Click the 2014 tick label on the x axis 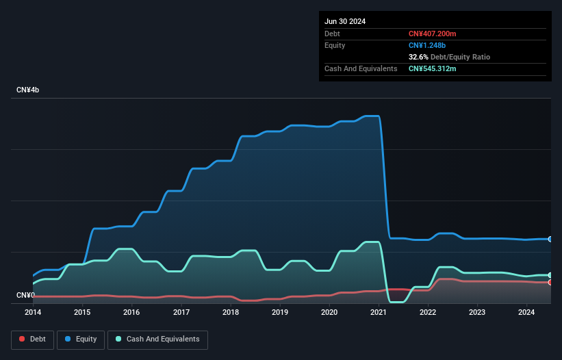pyautogui.click(x=33, y=313)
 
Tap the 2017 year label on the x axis pyautogui.click(x=181, y=313)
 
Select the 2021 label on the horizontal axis pyautogui.click(x=379, y=313)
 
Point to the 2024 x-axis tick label pyautogui.click(x=526, y=313)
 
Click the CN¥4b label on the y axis pyautogui.click(x=28, y=90)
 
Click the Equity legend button pyautogui.click(x=81, y=339)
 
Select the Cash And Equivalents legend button pyautogui.click(x=157, y=339)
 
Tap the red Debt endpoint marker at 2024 pyautogui.click(x=550, y=282)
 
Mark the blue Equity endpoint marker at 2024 pyautogui.click(x=550, y=239)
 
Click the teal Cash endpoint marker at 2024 pyautogui.click(x=550, y=275)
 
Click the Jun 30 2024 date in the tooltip pyautogui.click(x=345, y=21)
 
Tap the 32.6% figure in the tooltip pyautogui.click(x=419, y=57)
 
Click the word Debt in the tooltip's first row pyautogui.click(x=332, y=34)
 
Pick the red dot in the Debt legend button pyautogui.click(x=23, y=339)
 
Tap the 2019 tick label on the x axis pyautogui.click(x=280, y=313)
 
